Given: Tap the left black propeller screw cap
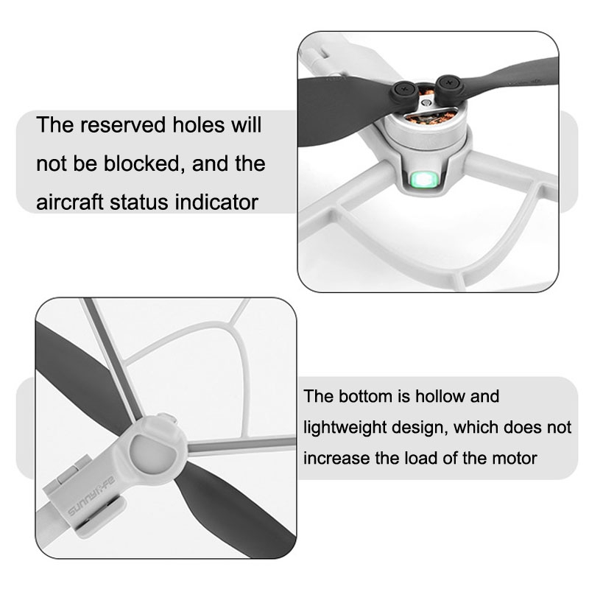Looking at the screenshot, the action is click(403, 90).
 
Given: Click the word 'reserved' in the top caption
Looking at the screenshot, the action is click(123, 124).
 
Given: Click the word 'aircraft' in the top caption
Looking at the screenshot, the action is click(69, 202).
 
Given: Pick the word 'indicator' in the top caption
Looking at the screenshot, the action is click(216, 202).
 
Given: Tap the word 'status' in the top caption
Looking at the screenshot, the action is click(139, 202).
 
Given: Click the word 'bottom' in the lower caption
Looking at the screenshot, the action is click(359, 396).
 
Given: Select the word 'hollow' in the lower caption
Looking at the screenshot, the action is click(439, 396).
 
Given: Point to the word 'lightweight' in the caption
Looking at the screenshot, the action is click(344, 428).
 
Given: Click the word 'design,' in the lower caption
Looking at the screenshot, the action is click(420, 428).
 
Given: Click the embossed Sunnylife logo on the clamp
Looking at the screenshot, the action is click(91, 495).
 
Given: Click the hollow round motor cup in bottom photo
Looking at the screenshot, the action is click(153, 454).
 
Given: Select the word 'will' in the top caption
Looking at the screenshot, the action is click(246, 124).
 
